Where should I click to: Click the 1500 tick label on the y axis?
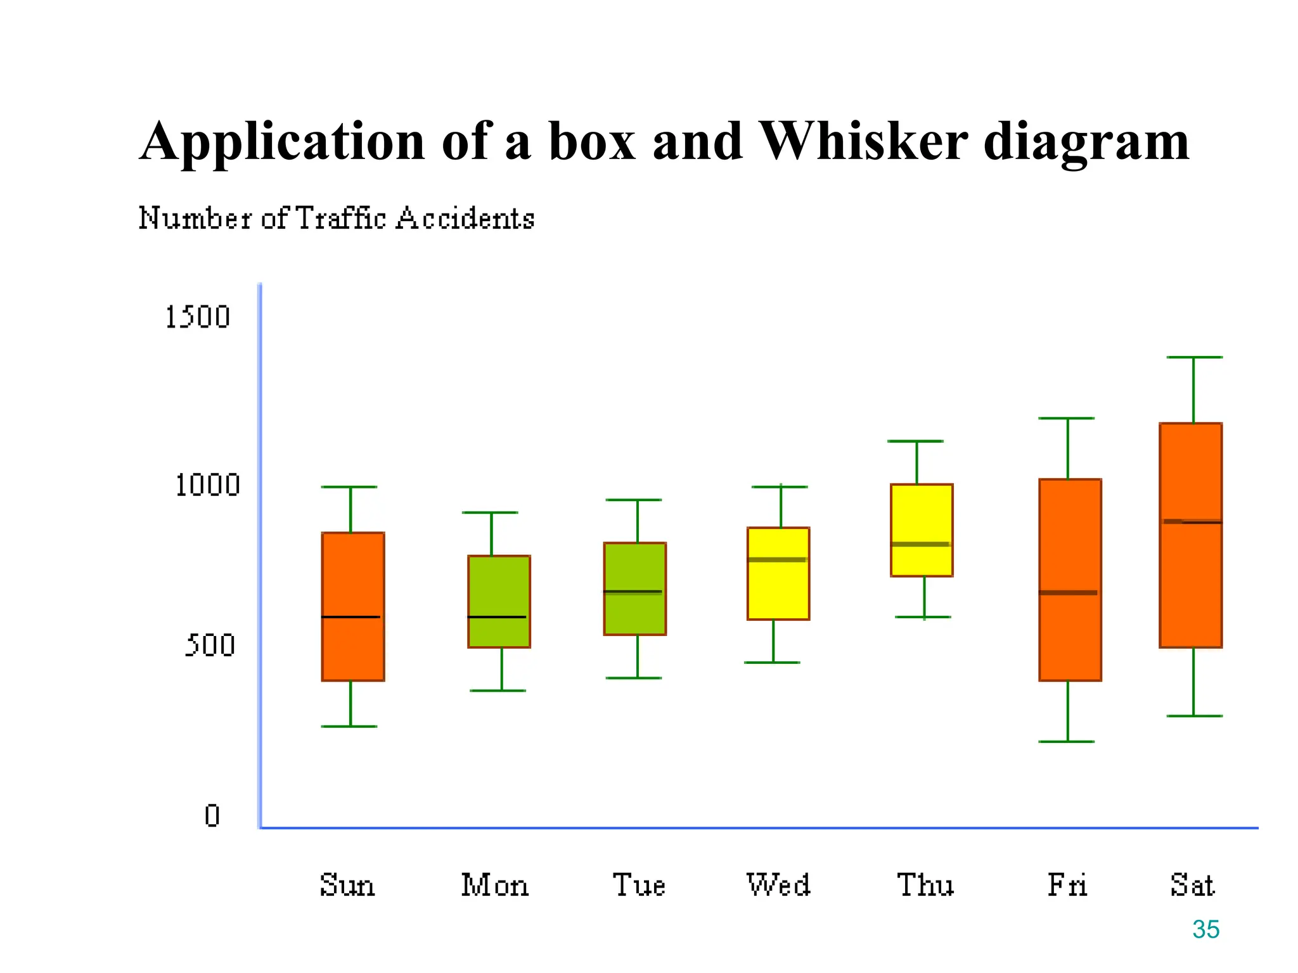[x=197, y=317]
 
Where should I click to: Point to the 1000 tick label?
[x=207, y=485]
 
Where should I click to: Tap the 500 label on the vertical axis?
[x=210, y=645]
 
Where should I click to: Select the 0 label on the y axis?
[x=212, y=816]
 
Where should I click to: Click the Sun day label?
[x=347, y=884]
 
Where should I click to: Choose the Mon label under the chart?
[x=494, y=884]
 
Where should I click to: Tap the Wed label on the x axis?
[x=778, y=884]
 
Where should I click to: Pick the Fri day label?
[x=1067, y=884]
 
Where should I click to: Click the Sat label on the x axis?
[x=1192, y=884]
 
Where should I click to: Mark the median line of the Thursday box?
[x=921, y=544]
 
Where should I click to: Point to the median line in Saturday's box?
[x=1192, y=522]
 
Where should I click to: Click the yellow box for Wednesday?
[x=778, y=589]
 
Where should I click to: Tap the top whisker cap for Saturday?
[x=1194, y=357]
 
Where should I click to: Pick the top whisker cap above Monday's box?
[x=490, y=512]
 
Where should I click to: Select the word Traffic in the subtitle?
[x=341, y=219]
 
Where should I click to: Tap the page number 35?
[x=1205, y=929]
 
